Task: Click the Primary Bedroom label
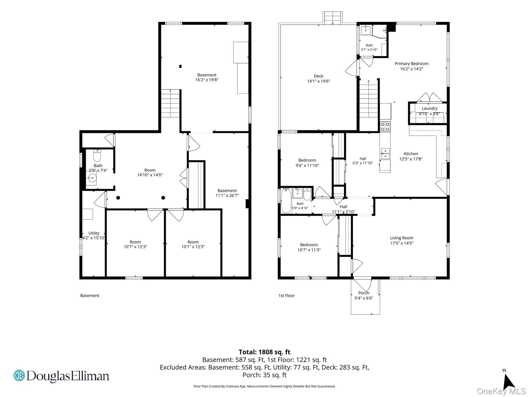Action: [411, 64]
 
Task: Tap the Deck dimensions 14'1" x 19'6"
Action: [318, 81]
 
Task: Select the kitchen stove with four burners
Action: [385, 127]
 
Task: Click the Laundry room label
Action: [430, 108]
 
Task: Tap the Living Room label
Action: [402, 238]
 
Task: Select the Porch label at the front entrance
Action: [364, 293]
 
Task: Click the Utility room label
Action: [94, 233]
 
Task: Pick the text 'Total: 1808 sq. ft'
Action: [264, 352]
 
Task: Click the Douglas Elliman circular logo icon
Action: [19, 376]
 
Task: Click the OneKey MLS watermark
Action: [501, 391]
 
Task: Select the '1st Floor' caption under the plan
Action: [286, 295]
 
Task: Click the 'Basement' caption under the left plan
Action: [90, 295]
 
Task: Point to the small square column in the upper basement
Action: [180, 66]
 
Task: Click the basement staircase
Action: [170, 103]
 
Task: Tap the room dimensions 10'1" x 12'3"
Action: [193, 247]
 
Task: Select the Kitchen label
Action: [411, 154]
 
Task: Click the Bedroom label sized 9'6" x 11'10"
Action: [307, 160]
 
